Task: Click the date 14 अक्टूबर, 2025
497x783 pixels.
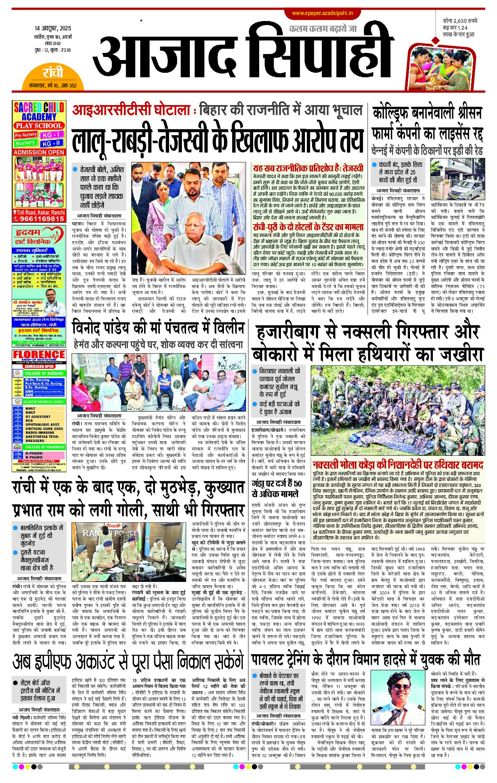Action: coord(53,29)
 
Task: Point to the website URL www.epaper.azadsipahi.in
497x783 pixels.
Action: coord(323,13)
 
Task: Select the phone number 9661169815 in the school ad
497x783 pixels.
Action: coord(39,218)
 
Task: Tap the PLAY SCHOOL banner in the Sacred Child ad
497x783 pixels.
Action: coord(39,126)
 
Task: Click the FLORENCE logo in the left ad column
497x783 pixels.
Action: coord(39,355)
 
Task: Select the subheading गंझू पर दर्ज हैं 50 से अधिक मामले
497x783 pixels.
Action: coord(276,489)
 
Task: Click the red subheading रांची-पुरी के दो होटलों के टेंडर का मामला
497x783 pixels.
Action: coord(308,227)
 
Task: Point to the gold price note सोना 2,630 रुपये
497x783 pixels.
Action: coord(459,21)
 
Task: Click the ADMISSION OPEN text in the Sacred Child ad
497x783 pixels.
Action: coord(39,152)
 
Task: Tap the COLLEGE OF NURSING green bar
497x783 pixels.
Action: coord(44,373)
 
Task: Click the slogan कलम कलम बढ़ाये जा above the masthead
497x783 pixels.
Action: coord(323,29)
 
